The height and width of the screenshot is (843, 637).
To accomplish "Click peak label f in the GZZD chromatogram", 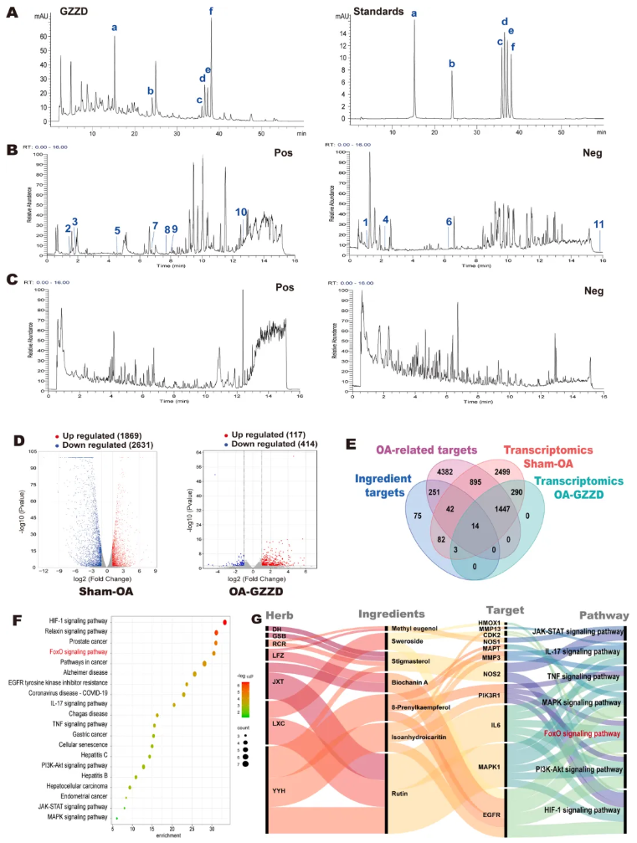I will tap(211, 11).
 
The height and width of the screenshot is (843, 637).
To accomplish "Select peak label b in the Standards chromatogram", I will tap(451, 64).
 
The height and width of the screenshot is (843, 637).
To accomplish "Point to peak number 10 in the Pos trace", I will tap(241, 213).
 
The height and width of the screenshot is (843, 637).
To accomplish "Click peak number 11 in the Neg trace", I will tap(598, 224).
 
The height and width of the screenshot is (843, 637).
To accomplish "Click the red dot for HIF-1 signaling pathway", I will tap(225, 622).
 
